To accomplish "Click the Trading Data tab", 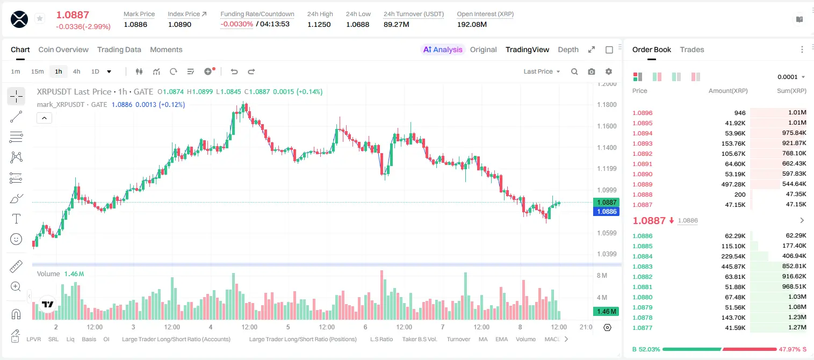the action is pyautogui.click(x=119, y=49).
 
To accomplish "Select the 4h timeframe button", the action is pyautogui.click(x=76, y=71).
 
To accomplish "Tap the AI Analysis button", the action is pyautogui.click(x=443, y=49).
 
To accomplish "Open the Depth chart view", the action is pyautogui.click(x=568, y=49).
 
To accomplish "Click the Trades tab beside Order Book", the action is pyautogui.click(x=692, y=49).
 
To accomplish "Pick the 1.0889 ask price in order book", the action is pyautogui.click(x=643, y=184).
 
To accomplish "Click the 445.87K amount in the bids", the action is pyautogui.click(x=733, y=267).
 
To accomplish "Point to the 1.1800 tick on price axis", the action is pyautogui.click(x=607, y=105).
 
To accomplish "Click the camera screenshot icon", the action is pyautogui.click(x=592, y=71).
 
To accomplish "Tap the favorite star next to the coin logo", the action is pyautogui.click(x=40, y=18).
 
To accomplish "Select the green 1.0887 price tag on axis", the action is pyautogui.click(x=607, y=203).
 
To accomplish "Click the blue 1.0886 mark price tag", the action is pyautogui.click(x=607, y=211).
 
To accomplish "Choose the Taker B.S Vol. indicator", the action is pyautogui.click(x=419, y=339).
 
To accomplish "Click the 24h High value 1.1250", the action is pyautogui.click(x=319, y=24).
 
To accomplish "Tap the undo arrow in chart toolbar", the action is pyautogui.click(x=234, y=71).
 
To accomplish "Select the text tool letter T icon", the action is pyautogui.click(x=16, y=219).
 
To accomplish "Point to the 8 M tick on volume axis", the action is pyautogui.click(x=602, y=275).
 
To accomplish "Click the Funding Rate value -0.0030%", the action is pyautogui.click(x=236, y=24).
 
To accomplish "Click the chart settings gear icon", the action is pyautogui.click(x=609, y=71).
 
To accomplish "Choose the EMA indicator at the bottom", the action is pyautogui.click(x=501, y=339).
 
